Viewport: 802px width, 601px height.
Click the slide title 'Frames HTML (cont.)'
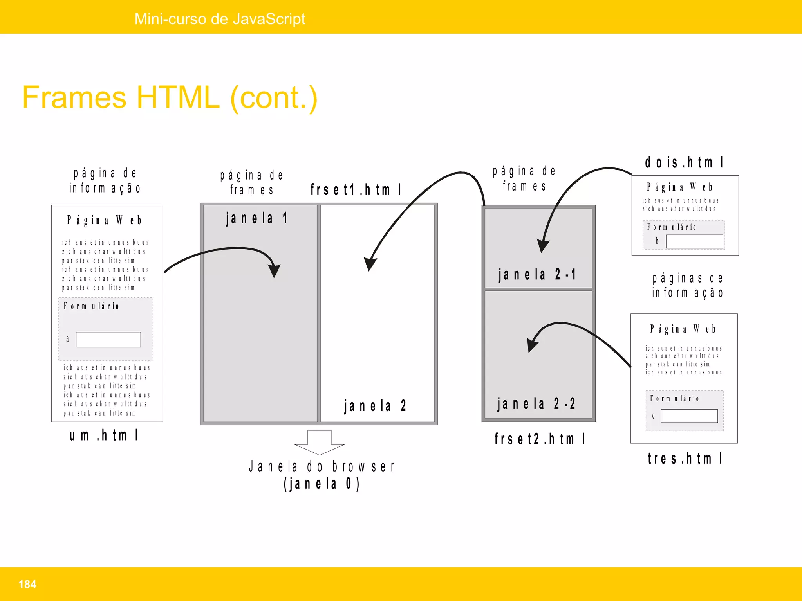pyautogui.click(x=170, y=97)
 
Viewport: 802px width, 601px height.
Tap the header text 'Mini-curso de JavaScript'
pyautogui.click(x=220, y=19)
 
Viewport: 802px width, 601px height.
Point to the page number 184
pyautogui.click(x=27, y=584)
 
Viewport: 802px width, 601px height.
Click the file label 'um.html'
pyautogui.click(x=104, y=435)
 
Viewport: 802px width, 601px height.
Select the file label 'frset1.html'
pyautogui.click(x=356, y=190)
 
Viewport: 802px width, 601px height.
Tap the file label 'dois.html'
pyautogui.click(x=684, y=162)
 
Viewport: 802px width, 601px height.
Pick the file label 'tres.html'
pyautogui.click(x=685, y=458)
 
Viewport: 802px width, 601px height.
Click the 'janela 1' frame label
pyautogui.click(x=257, y=218)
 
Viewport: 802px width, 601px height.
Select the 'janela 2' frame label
pyautogui.click(x=375, y=406)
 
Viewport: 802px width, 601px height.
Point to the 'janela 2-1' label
pyautogui.click(x=537, y=274)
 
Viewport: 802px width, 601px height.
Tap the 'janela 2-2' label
pyautogui.click(x=536, y=403)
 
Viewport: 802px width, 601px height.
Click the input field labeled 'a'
pyautogui.click(x=108, y=340)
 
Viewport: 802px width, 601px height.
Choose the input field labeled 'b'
pyautogui.click(x=694, y=241)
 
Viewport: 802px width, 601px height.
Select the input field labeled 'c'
pyautogui.click(x=689, y=416)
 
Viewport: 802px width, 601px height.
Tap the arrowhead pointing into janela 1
pyautogui.click(x=274, y=270)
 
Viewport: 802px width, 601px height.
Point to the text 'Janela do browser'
pyautogui.click(x=322, y=466)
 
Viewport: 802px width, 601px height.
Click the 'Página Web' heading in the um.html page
pyautogui.click(x=104, y=220)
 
